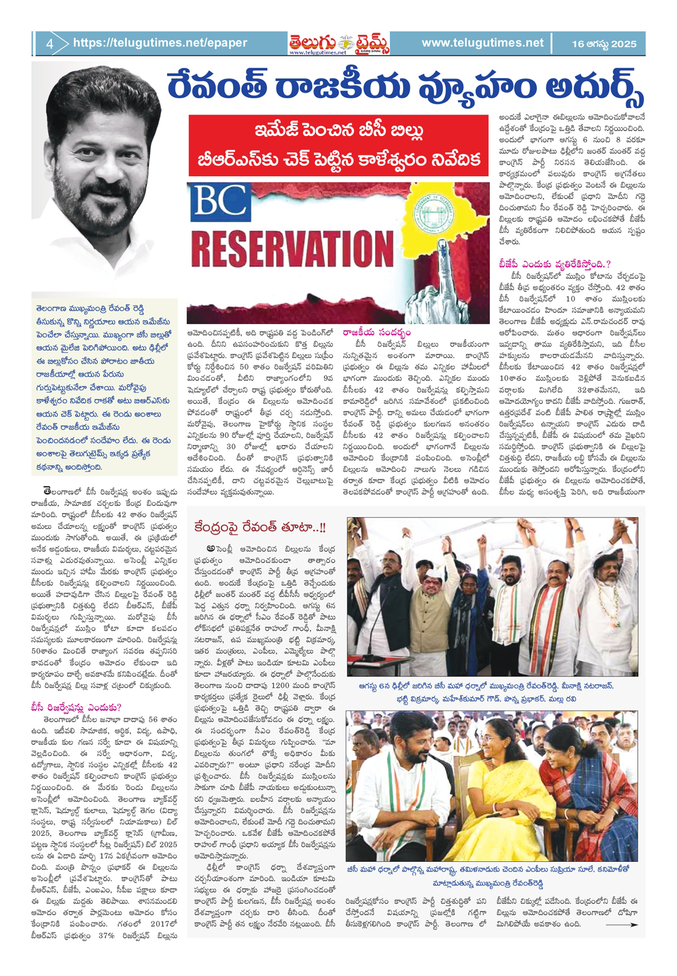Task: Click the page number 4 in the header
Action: click(49, 43)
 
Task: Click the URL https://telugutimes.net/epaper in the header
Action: click(160, 43)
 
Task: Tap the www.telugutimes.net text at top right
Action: click(482, 43)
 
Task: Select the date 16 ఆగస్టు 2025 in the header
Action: click(604, 44)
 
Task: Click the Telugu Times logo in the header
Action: click(339, 43)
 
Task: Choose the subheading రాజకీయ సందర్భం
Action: click(376, 332)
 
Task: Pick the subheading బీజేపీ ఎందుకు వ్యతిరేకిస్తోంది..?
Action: click(554, 264)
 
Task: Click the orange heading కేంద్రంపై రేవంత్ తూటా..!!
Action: click(260, 527)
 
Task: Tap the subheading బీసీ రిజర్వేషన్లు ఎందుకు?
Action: click(77, 708)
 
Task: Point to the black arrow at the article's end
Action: click(621, 925)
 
